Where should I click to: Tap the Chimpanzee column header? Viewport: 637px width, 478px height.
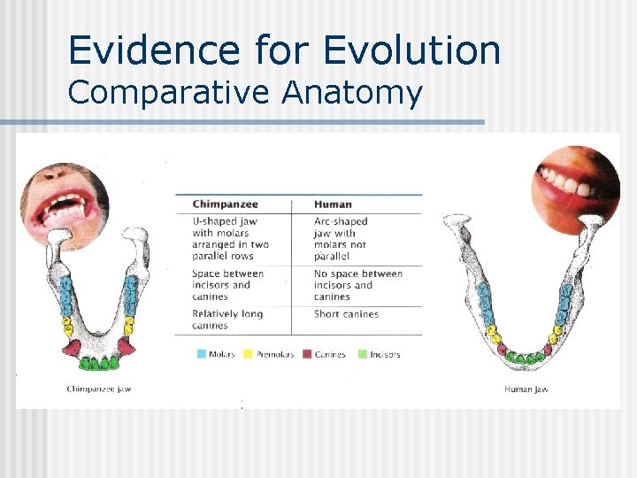pos(226,204)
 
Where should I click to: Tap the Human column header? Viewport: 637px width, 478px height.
pos(333,204)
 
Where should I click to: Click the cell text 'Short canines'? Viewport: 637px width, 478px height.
pos(346,313)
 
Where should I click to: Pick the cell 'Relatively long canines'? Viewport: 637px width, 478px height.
pos(227,320)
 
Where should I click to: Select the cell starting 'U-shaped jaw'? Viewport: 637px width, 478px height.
pos(230,238)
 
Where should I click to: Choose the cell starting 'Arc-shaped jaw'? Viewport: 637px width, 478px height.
pos(341,238)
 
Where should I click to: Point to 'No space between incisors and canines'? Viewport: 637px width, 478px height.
pos(357,285)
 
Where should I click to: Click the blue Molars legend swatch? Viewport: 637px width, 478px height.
pos(201,354)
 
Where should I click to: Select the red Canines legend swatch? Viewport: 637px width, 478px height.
pos(306,354)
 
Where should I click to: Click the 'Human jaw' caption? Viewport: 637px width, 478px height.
pos(526,389)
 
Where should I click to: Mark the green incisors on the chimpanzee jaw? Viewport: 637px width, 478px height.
pos(99,363)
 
